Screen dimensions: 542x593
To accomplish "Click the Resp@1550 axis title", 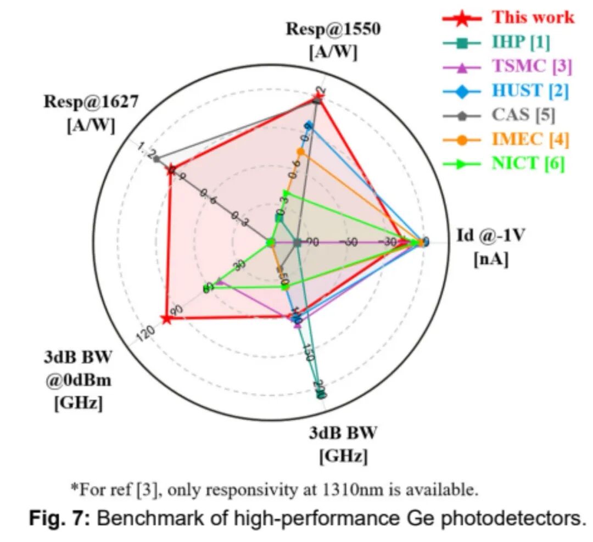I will click(333, 40).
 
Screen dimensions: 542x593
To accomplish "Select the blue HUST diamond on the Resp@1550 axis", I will click(309, 125).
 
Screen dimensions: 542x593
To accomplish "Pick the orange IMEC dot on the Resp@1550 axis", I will click(300, 151).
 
